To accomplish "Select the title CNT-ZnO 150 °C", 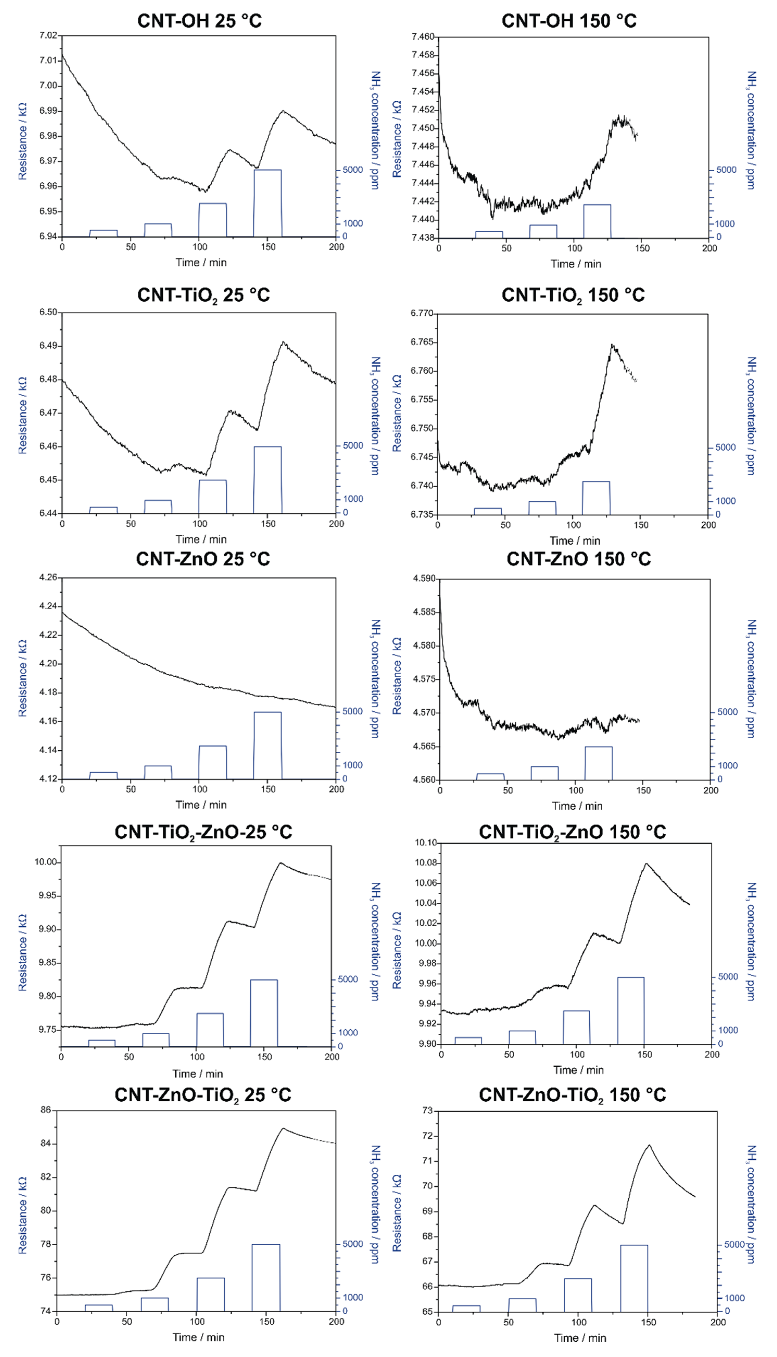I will pos(578,559).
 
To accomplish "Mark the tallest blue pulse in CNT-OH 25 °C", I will pos(267,203).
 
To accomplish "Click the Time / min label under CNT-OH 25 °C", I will pos(201,263).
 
